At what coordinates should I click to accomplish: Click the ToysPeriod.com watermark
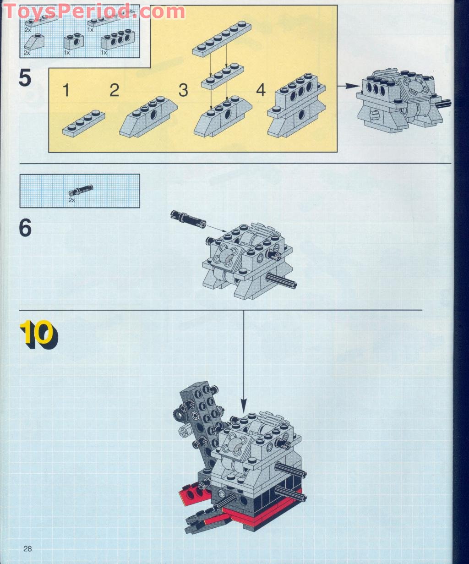(94, 11)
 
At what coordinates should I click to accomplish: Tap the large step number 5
(25, 78)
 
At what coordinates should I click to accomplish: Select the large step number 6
(25, 228)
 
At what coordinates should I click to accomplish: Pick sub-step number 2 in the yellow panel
(114, 90)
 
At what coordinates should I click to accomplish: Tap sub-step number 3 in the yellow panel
(183, 90)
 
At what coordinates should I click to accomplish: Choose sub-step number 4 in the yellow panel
(261, 90)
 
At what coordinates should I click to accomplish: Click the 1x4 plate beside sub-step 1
(84, 123)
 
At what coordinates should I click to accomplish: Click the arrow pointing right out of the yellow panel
(349, 86)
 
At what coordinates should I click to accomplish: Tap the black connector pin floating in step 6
(188, 219)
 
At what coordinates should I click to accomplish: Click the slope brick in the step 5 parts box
(34, 42)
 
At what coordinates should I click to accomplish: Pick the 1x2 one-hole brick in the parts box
(74, 41)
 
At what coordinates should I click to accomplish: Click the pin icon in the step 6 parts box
(81, 190)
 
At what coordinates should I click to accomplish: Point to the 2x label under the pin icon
(72, 200)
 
